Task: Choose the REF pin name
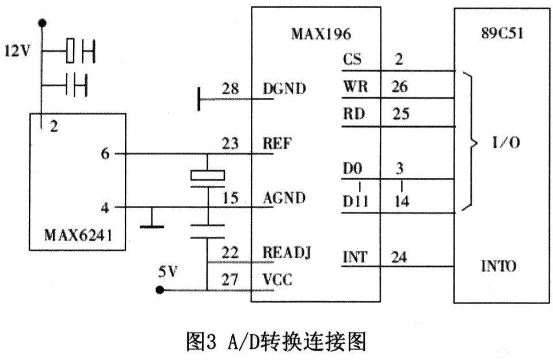pos(276,143)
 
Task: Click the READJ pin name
pos(287,253)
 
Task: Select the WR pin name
pos(355,87)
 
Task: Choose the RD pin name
pos(353,113)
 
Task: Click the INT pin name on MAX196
pos(354,257)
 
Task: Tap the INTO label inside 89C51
pos(498,267)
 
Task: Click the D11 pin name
pos(356,202)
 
